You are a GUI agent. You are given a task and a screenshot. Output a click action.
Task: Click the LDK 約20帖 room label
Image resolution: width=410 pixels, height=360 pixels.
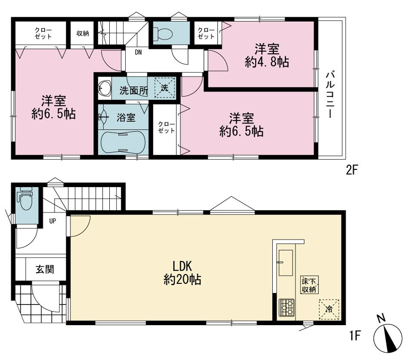[x=182, y=273]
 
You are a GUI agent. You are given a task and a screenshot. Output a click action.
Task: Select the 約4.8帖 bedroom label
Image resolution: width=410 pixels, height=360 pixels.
[x=267, y=55]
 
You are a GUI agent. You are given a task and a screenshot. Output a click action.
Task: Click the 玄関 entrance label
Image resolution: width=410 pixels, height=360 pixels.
[x=45, y=269]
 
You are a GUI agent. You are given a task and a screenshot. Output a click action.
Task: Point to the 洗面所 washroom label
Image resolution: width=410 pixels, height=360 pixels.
[x=134, y=90]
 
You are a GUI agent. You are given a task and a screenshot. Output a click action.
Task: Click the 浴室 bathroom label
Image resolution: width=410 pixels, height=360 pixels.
[x=126, y=118]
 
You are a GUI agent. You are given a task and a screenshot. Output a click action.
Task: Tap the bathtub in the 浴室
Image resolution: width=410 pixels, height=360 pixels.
[x=123, y=142]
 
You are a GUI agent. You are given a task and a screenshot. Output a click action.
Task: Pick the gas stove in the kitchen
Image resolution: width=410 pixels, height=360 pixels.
[x=287, y=308]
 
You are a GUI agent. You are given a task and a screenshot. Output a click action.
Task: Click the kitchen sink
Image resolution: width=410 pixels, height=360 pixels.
[x=286, y=263]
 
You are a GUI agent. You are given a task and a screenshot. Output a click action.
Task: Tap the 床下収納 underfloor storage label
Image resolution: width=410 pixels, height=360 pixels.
[x=309, y=285]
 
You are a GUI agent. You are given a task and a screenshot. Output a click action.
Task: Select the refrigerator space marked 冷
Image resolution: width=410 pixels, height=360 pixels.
[x=329, y=310]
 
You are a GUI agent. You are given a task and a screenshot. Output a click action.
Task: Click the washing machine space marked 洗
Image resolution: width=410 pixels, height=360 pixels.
[x=164, y=88]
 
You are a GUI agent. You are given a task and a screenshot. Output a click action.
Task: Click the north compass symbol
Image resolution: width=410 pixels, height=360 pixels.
[x=388, y=337]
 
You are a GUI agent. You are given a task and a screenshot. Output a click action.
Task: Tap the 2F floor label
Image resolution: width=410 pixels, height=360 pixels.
[x=351, y=171]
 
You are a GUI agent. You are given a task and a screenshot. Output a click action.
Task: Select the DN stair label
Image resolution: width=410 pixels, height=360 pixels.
[x=139, y=52]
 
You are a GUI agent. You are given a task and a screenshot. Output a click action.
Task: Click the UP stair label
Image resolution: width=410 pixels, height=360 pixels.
[x=52, y=221]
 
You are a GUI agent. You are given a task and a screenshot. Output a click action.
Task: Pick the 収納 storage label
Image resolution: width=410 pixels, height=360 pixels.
[x=83, y=34]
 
